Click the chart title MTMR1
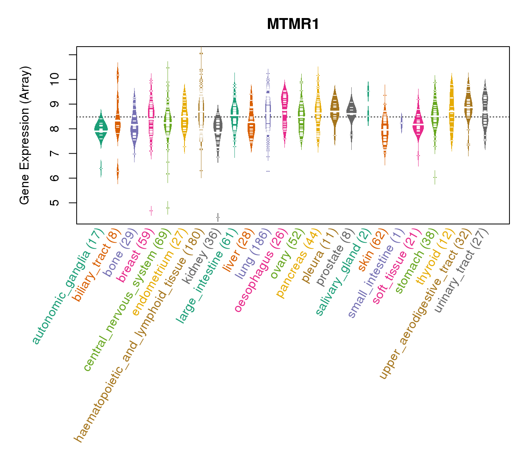point(293,24)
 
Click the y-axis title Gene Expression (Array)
point(25,135)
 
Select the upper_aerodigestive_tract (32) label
point(425,304)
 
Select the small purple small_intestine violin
point(401,123)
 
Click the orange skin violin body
point(384,132)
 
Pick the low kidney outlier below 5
point(218,217)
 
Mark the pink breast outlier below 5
point(151,211)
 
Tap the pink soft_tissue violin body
point(418,126)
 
